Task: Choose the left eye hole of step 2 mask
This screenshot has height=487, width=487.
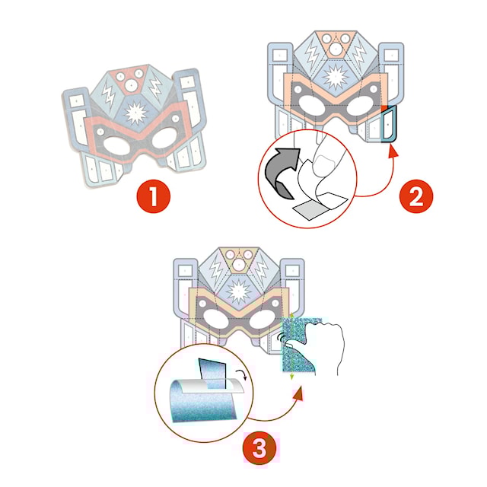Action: point(310,108)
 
